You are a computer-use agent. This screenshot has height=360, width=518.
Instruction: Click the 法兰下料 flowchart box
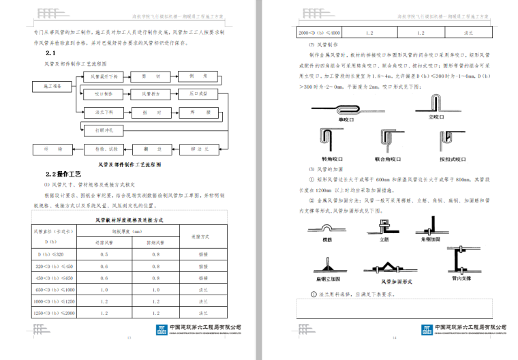click(x=104, y=110)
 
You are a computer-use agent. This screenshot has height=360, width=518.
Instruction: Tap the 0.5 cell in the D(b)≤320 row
click(x=104, y=254)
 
